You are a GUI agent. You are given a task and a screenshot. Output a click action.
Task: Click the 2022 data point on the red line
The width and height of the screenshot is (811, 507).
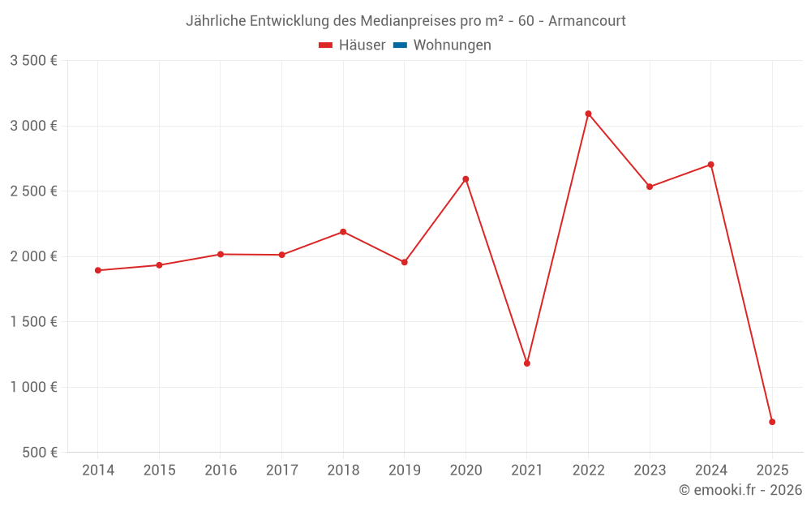(x=588, y=114)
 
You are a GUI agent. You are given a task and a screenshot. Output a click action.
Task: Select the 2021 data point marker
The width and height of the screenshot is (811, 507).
(x=527, y=363)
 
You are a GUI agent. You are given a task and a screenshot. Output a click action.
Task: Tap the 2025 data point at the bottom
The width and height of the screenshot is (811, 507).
(x=772, y=422)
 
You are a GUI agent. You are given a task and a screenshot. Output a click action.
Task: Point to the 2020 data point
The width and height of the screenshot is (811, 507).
(x=466, y=179)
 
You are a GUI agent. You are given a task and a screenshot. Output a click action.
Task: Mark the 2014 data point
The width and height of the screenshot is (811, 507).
(x=98, y=270)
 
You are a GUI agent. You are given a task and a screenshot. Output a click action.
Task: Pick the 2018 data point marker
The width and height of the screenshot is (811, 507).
(x=343, y=232)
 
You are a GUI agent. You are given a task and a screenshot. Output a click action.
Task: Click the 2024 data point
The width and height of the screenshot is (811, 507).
(x=710, y=165)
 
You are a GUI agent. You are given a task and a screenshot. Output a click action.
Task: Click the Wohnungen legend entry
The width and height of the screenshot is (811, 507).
(x=452, y=45)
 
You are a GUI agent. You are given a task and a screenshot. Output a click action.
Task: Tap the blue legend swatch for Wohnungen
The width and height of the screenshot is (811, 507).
(x=400, y=45)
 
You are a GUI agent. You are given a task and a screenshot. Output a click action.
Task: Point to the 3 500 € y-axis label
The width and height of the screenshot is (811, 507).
(x=33, y=61)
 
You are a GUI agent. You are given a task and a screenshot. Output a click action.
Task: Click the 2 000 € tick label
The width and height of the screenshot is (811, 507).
(x=33, y=256)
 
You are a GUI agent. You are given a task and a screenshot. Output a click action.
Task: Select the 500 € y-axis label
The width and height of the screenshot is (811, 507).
(x=40, y=453)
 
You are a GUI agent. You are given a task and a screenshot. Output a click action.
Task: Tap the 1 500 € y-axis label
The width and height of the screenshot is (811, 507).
(x=33, y=322)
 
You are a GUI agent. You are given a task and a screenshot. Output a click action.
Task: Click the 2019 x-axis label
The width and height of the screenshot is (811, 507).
(x=404, y=470)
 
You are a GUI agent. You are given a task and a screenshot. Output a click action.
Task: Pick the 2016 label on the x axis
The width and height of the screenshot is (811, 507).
(x=221, y=470)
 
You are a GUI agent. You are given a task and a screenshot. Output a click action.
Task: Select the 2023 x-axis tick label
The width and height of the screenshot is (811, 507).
(x=650, y=470)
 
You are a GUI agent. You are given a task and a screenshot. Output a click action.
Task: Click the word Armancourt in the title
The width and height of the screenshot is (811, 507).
(x=586, y=21)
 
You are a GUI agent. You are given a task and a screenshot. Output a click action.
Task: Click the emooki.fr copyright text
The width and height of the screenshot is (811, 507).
(x=740, y=490)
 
